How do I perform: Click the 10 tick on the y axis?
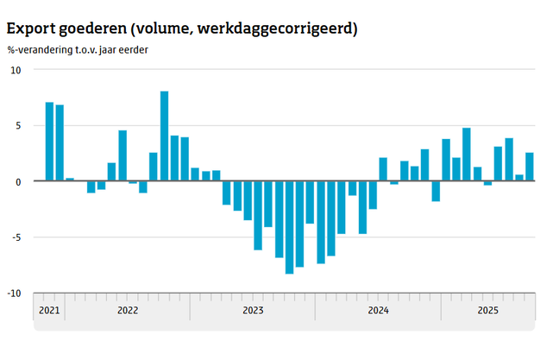(15, 70)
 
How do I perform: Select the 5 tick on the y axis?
(17, 125)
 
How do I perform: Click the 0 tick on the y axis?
(17, 181)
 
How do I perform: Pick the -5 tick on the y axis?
(16, 237)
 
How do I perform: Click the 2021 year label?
(49, 311)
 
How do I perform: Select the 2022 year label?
(127, 311)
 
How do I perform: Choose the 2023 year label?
(253, 311)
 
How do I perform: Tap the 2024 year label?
(378, 311)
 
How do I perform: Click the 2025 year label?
(487, 311)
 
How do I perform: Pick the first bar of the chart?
(49, 142)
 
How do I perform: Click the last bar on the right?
(530, 167)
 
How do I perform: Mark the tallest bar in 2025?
(467, 155)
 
